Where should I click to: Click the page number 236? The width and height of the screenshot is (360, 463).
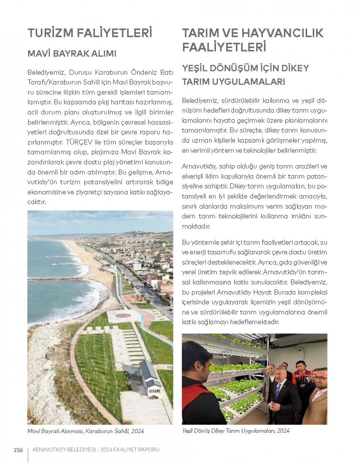click(18, 450)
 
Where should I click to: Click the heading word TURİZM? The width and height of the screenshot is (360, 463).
click(50, 33)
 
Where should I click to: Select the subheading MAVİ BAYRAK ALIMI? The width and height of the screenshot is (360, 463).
click(72, 54)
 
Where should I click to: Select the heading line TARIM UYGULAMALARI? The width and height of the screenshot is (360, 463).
click(234, 81)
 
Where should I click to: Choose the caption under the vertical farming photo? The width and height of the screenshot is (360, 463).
click(236, 430)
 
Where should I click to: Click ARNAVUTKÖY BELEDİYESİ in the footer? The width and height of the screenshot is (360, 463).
click(64, 450)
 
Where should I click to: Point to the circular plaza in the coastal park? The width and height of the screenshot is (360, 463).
click(123, 315)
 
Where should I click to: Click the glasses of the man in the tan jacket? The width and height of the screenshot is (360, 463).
click(320, 378)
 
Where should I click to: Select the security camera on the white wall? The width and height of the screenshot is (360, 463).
click(301, 349)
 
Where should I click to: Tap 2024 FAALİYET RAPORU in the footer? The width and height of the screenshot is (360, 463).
click(130, 450)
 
